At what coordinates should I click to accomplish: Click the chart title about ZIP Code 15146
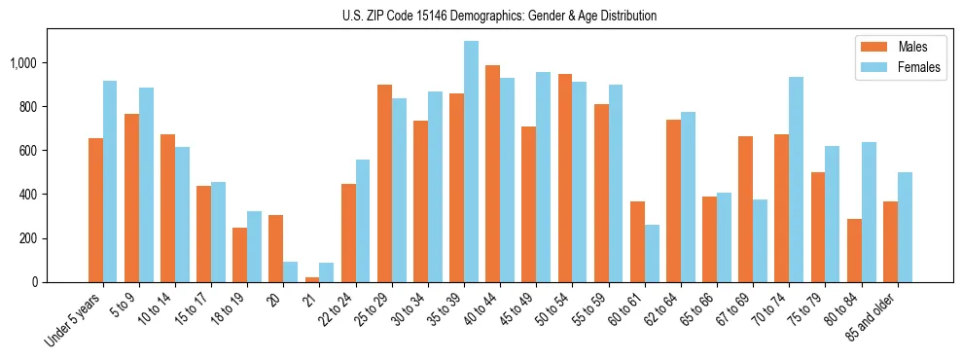pyautogui.click(x=499, y=16)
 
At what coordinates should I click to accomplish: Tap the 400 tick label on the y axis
pyautogui.click(x=29, y=195)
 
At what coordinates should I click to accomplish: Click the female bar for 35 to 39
pyautogui.click(x=471, y=162)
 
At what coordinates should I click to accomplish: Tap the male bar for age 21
pyautogui.click(x=312, y=279)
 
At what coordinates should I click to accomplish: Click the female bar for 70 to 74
pyautogui.click(x=796, y=180)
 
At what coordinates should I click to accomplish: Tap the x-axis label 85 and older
pyautogui.click(x=875, y=316)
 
